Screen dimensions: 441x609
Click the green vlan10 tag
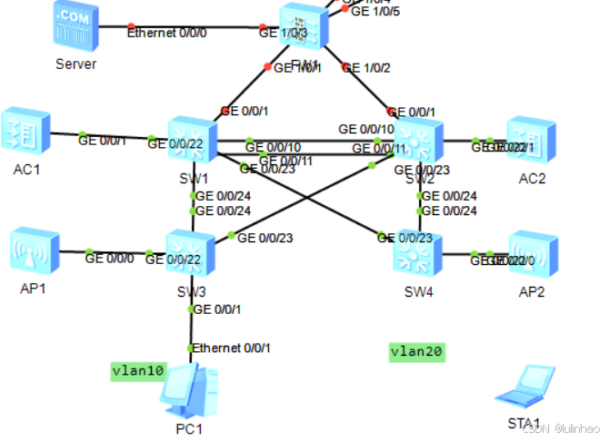(x=138, y=370)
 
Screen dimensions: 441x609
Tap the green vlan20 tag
(x=417, y=351)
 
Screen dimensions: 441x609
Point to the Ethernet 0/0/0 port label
(x=167, y=33)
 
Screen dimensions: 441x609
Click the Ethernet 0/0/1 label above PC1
(x=231, y=348)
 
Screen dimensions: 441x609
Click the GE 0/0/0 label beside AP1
(x=109, y=258)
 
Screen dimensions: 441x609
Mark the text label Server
(x=75, y=64)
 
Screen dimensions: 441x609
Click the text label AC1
(x=27, y=169)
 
